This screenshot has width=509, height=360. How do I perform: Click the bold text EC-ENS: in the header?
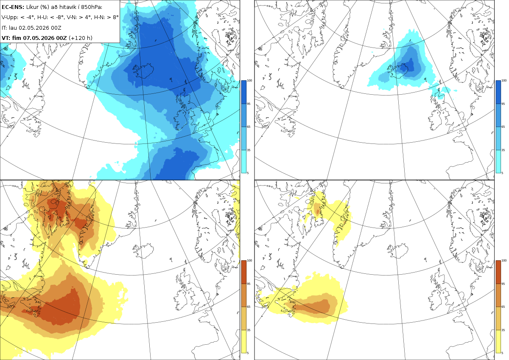pos(13,7)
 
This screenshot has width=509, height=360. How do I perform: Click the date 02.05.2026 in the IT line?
pos(34,28)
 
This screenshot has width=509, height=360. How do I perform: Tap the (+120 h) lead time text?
pos(81,38)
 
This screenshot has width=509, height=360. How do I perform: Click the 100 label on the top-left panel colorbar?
pos(249,81)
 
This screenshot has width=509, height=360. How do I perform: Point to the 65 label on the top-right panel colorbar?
pos(503,127)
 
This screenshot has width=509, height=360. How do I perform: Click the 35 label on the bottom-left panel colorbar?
pos(249,330)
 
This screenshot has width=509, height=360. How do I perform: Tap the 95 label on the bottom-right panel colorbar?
pos(503,284)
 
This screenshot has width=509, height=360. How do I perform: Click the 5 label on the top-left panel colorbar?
pos(248,173)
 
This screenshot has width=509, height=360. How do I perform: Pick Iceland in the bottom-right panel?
pos(398,250)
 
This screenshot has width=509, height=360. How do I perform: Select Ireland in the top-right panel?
pos(435,120)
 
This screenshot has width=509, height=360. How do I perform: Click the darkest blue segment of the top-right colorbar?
pos(498,92)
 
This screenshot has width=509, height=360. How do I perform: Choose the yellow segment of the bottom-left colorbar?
pos(243,341)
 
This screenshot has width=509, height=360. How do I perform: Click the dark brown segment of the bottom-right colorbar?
pos(498,272)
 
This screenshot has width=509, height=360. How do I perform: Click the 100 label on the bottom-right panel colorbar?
pos(504,261)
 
